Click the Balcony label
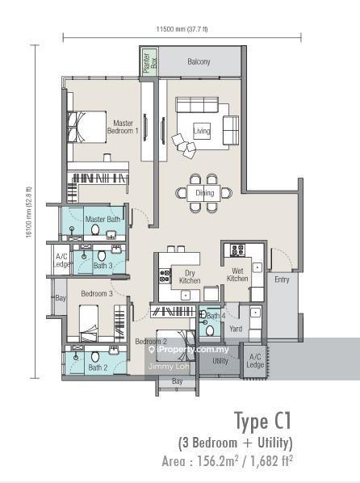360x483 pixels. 199,61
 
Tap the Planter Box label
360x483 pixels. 150,61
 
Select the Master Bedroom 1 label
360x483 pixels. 123,127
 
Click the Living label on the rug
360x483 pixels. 202,131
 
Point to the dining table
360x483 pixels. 203,193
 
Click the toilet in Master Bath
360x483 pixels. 95,229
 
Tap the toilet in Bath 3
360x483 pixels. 102,256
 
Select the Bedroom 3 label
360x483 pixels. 97,293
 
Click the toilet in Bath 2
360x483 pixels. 95,357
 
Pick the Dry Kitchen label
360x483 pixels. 190,276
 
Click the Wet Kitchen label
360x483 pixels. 237,275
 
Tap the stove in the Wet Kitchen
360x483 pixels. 237,250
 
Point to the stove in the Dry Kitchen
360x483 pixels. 165,275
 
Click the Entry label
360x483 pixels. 282,279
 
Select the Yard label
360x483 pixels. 236,329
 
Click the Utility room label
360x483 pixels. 220,361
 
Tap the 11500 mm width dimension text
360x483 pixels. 182,29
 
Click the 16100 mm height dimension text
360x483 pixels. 28,212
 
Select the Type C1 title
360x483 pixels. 262,421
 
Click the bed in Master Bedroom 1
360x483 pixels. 87,127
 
